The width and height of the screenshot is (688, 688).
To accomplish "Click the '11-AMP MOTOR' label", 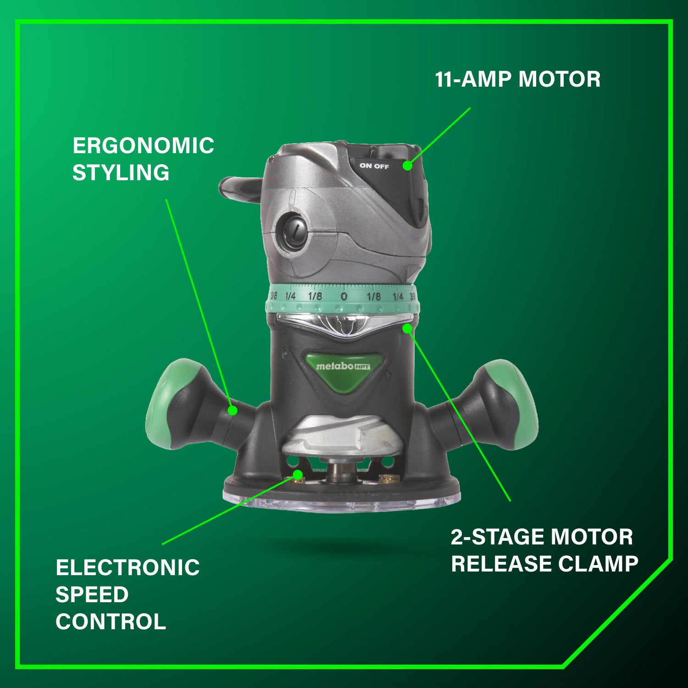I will [x=517, y=79].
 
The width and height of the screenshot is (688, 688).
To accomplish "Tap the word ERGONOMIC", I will [x=143, y=146].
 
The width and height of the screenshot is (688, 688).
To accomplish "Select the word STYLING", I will [x=121, y=173].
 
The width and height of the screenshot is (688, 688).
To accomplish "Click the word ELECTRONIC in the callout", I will [x=128, y=568].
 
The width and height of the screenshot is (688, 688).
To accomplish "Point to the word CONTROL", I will [x=111, y=622].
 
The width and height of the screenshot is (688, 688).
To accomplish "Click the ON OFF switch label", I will [x=374, y=166].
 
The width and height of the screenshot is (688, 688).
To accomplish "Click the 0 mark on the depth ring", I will [x=344, y=296].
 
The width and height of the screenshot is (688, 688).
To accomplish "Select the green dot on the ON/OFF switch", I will [x=407, y=166].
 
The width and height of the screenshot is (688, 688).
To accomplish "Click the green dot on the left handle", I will [x=233, y=411].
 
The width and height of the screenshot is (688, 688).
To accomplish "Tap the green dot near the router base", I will [x=298, y=474].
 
